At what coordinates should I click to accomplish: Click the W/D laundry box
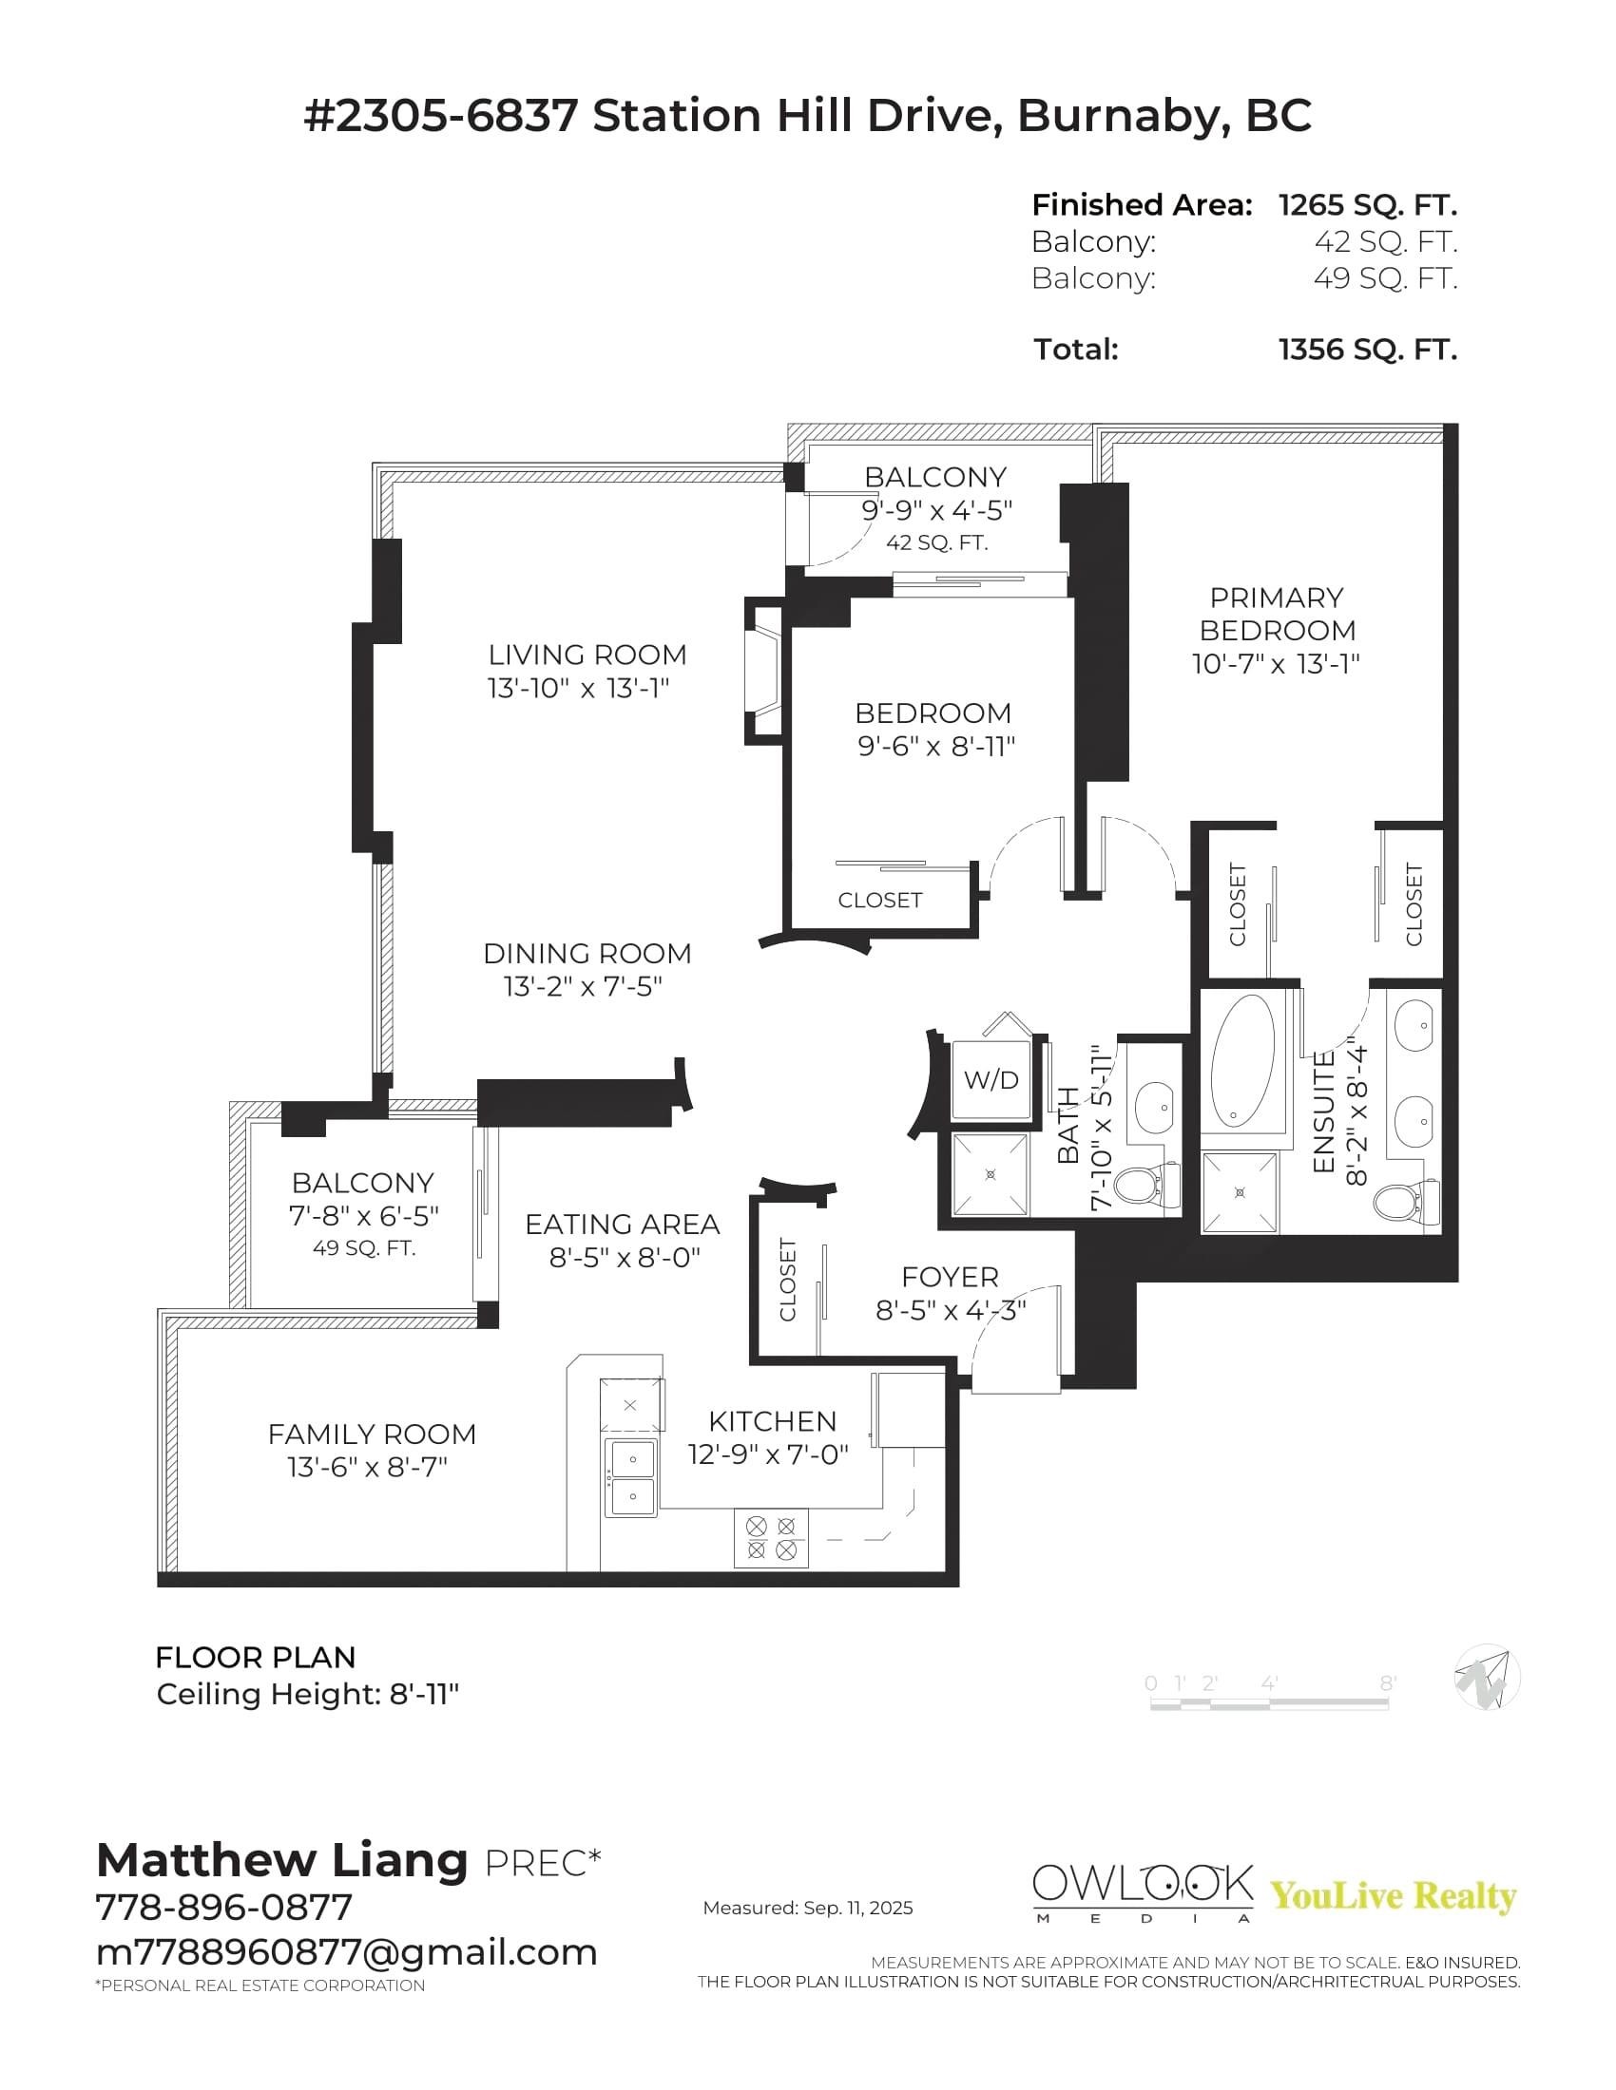[x=991, y=1080]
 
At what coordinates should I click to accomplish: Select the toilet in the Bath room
[x=1145, y=1185]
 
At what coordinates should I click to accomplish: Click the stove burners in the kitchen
[x=771, y=1538]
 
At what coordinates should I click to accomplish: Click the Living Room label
[x=587, y=655]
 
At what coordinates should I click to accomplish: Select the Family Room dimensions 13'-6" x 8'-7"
[x=368, y=1467]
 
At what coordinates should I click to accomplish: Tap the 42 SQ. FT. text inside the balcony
[x=936, y=542]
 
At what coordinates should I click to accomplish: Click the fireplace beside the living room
[x=764, y=670]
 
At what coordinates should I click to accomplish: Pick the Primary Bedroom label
[x=1276, y=615]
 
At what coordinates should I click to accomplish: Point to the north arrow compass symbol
[x=1486, y=1678]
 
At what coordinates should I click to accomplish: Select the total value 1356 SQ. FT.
[x=1367, y=351]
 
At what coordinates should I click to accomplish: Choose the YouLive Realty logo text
[x=1393, y=1896]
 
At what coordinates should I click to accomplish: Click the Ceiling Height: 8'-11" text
[x=307, y=1695]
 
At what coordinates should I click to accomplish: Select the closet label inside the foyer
[x=788, y=1280]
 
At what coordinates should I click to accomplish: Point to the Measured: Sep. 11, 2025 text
[x=807, y=1909]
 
